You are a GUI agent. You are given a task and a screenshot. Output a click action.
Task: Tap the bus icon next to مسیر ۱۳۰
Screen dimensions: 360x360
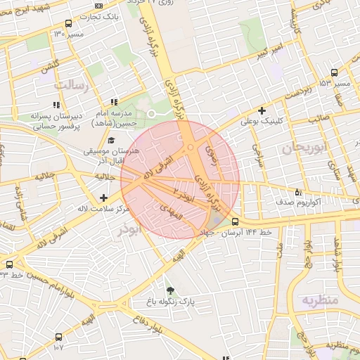point(67,22)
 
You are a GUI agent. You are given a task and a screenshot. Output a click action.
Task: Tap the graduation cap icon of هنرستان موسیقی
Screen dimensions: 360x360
point(112,141)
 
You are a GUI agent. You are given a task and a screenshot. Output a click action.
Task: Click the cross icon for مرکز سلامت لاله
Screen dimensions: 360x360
point(104,198)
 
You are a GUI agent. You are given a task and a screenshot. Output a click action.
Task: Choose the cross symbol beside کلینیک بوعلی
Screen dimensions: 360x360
point(262,110)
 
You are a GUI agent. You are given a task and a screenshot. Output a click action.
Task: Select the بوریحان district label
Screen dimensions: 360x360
point(303,148)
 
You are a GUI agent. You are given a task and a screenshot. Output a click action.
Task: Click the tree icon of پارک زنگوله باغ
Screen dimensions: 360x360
point(169,290)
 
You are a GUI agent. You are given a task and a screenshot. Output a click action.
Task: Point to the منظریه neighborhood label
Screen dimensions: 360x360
point(320,301)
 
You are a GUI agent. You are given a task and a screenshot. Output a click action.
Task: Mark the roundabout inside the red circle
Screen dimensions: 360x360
point(191,148)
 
